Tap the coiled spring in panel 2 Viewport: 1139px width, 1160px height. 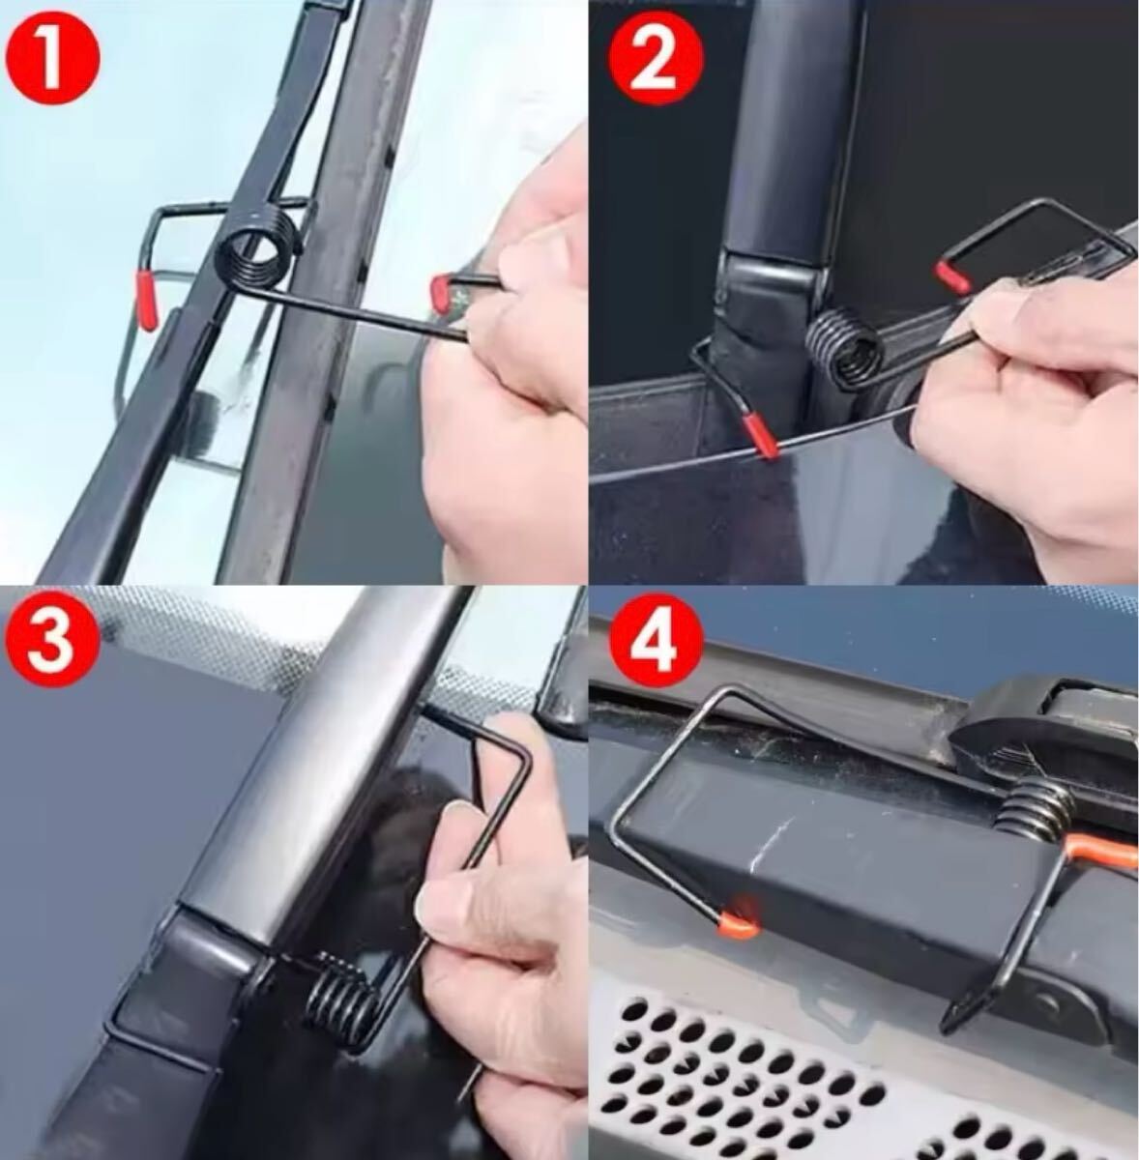click(844, 352)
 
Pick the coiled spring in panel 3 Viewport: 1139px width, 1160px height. click(339, 986)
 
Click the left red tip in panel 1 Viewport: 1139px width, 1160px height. click(147, 301)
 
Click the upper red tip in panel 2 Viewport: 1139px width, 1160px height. click(952, 278)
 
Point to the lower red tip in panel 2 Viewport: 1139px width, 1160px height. click(760, 435)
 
